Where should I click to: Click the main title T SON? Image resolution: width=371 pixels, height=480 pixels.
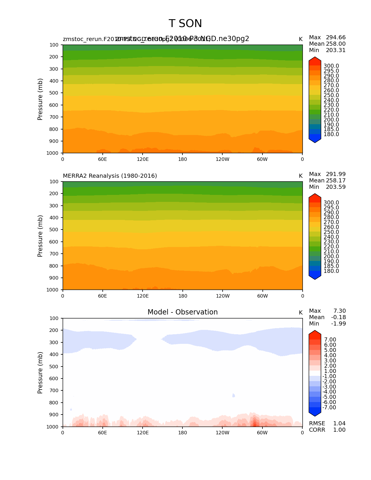click(185, 24)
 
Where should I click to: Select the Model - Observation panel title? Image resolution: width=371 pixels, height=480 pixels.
click(182, 312)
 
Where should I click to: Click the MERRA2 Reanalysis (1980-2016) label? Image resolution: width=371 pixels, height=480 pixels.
click(110, 176)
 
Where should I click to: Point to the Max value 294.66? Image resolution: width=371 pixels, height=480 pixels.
click(336, 38)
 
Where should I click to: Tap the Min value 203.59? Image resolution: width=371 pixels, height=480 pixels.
click(336, 187)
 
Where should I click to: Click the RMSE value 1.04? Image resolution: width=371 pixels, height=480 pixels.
click(339, 424)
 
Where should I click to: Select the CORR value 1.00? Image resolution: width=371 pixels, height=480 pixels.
click(339, 430)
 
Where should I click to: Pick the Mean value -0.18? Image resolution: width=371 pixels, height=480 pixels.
click(338, 317)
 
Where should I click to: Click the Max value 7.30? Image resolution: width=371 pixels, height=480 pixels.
click(340, 311)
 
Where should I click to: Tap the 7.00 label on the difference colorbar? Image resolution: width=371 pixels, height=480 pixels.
click(330, 340)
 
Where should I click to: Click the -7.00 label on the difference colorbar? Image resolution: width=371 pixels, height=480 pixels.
click(329, 408)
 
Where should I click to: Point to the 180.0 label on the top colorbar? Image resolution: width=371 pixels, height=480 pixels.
click(331, 134)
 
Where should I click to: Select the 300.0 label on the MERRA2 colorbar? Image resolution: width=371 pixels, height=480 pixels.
click(331, 203)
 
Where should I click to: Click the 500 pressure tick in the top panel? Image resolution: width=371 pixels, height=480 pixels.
click(54, 93)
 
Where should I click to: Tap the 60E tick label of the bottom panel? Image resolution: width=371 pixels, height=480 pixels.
click(102, 433)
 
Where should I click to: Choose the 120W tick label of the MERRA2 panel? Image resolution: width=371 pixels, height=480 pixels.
click(223, 296)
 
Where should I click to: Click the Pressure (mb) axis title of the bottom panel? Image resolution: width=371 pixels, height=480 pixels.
click(40, 373)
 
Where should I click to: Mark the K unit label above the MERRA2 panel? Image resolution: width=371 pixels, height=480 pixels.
click(301, 176)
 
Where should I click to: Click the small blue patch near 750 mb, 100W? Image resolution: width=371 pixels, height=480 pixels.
click(233, 395)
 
